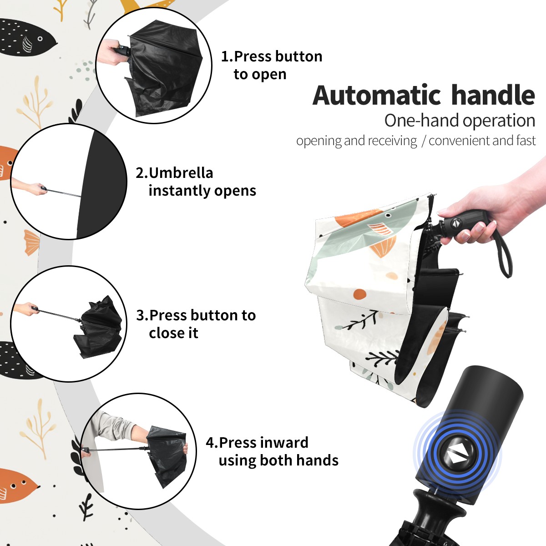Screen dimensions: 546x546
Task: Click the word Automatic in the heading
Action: (377, 95)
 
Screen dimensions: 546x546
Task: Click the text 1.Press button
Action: (272, 56)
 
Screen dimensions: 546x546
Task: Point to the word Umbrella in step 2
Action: (181, 173)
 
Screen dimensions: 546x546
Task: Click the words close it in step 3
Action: (173, 333)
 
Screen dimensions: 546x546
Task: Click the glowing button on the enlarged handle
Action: (457, 456)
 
